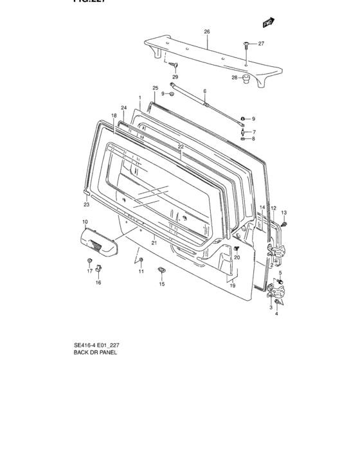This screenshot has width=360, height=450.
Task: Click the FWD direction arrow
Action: (x=267, y=23)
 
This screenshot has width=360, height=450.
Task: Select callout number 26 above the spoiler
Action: (x=207, y=32)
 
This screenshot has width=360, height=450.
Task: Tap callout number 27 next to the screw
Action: (x=261, y=44)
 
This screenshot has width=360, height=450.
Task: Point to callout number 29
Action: (x=175, y=76)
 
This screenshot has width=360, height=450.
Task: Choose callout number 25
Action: (x=155, y=87)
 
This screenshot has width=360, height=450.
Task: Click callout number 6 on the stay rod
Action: (x=204, y=91)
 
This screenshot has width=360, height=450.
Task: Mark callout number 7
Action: (x=253, y=131)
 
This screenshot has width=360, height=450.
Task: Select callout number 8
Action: (x=253, y=139)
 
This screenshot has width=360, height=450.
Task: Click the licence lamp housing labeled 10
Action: (x=100, y=240)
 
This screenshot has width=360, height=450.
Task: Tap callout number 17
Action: (x=90, y=271)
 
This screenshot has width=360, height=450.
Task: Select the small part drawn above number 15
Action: (x=161, y=270)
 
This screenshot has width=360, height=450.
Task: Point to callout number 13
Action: (x=283, y=212)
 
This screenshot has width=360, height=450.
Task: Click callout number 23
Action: (x=86, y=205)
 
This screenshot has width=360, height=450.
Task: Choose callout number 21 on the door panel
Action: (x=154, y=242)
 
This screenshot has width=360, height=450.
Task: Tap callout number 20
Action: (x=237, y=257)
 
